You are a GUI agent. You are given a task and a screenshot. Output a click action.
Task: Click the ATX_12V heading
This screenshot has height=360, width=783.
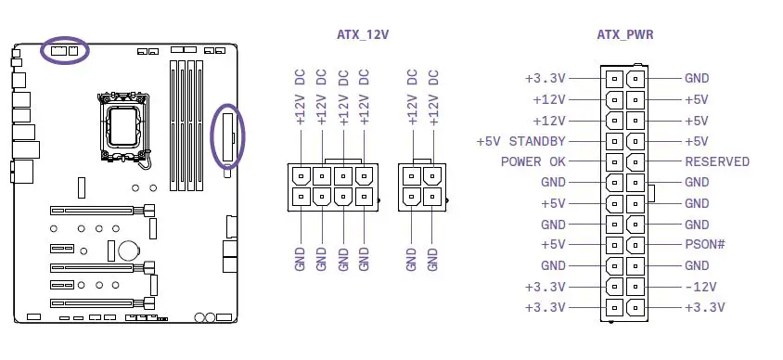pos(363,35)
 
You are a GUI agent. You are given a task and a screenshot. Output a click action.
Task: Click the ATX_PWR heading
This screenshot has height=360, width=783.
pos(623,35)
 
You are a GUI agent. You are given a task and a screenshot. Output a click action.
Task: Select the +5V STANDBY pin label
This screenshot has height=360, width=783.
pos(520,141)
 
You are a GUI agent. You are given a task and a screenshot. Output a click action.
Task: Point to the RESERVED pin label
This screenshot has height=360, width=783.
pos(717,161)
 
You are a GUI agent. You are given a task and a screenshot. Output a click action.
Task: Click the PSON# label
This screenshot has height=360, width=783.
pos(704,245)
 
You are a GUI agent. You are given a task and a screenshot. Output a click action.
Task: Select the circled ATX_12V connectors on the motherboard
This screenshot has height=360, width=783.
pos(65,50)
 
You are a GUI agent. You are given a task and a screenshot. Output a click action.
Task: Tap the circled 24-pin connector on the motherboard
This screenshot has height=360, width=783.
pos(228,136)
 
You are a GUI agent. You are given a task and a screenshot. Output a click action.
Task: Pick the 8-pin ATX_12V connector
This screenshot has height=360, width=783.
pos(333,186)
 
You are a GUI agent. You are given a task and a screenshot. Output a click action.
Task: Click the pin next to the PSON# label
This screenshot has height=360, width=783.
pos(635,245)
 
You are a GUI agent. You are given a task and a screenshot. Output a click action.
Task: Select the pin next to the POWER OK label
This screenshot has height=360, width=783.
pos(613,161)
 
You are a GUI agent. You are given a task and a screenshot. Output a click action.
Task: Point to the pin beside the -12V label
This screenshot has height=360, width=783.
pos(635,287)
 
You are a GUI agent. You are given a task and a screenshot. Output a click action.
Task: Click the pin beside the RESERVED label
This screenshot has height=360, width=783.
pos(635,161)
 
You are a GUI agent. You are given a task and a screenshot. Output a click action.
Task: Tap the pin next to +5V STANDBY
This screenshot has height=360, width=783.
pos(613,141)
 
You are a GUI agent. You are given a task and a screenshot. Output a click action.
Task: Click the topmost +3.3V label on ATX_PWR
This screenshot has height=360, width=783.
pos(545,79)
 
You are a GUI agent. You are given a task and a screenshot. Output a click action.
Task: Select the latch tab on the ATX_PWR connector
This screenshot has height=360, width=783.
pos(652,193)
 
